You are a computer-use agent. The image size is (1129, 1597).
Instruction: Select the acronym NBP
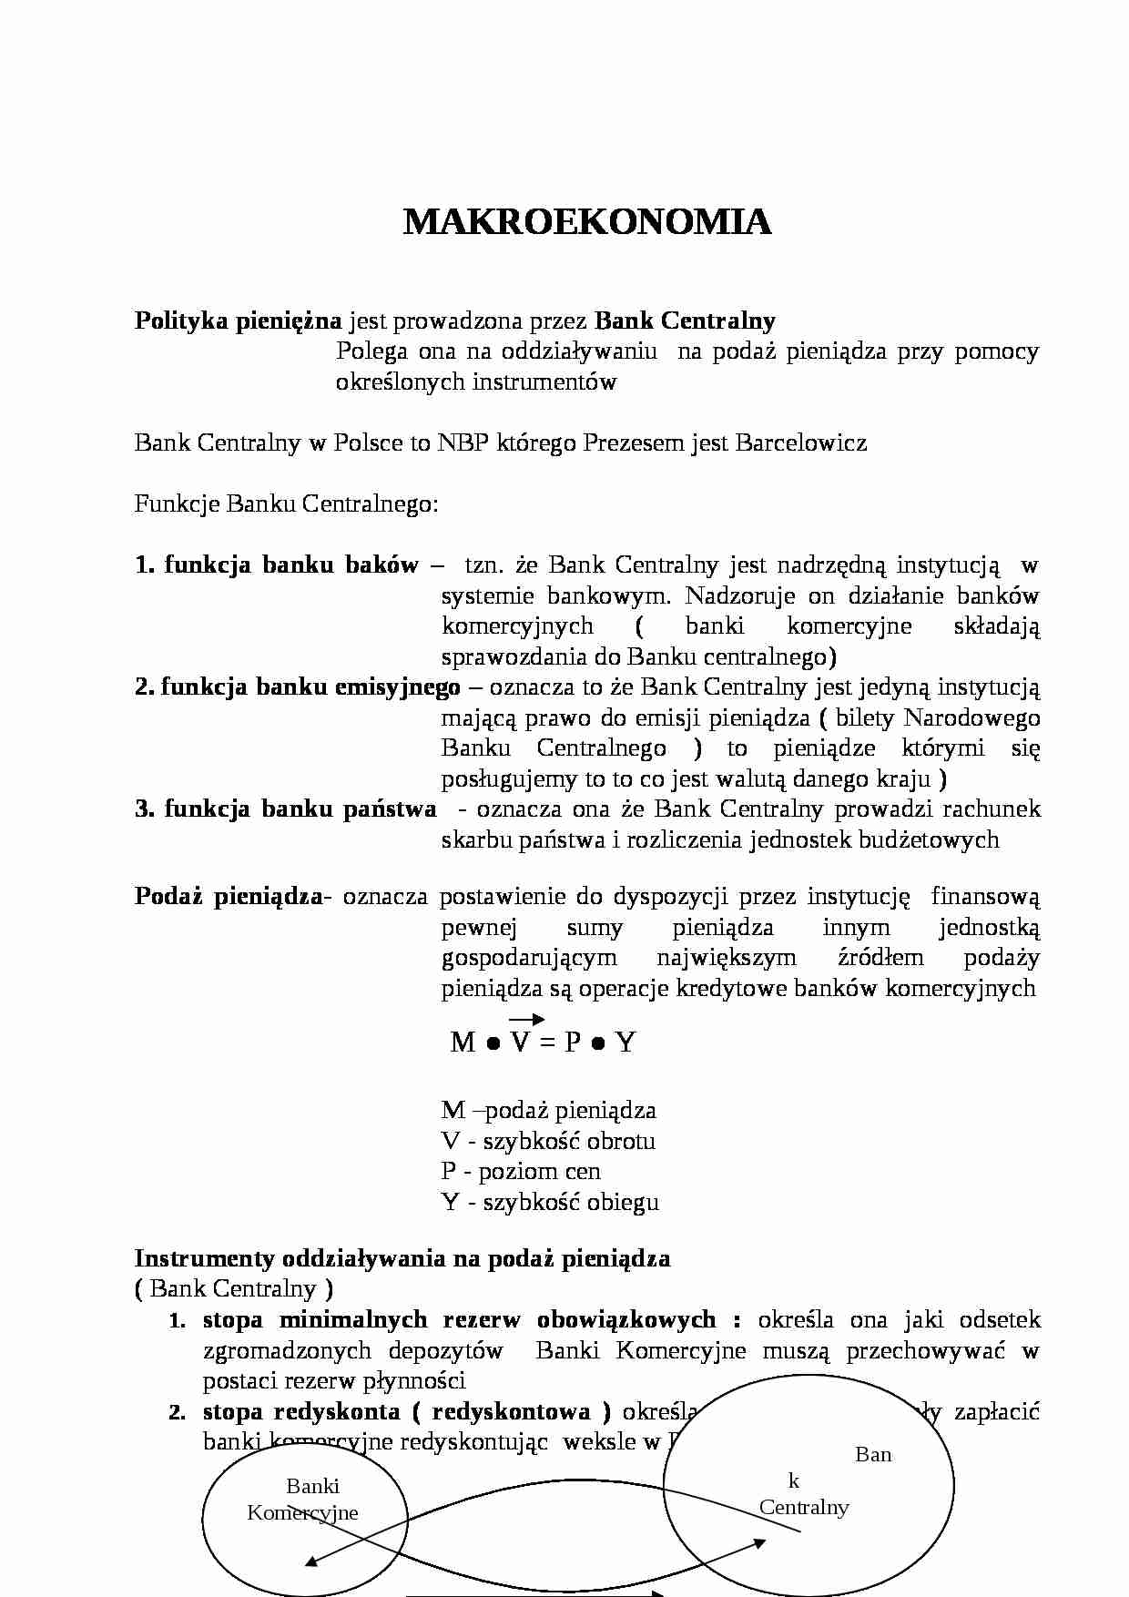461,443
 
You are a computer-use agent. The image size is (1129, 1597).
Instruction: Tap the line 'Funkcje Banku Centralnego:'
286,504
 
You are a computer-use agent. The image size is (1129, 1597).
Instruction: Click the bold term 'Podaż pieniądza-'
233,896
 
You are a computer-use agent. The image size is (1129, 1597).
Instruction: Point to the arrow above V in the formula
526,1019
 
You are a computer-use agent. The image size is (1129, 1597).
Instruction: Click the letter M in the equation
463,1043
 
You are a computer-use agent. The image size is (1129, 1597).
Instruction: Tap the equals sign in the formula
546,1043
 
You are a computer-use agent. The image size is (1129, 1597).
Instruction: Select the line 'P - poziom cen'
521,1171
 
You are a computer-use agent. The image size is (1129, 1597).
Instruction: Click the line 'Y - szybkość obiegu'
550,1202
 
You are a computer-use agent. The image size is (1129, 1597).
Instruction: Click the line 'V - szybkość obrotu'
548,1141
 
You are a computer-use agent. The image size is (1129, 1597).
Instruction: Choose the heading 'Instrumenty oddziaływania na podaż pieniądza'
402,1258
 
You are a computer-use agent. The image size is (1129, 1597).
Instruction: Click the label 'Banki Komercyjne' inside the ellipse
303,1500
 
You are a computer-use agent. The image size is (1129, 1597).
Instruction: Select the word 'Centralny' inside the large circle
804,1507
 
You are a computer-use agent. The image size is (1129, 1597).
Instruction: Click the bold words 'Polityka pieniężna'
238,320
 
